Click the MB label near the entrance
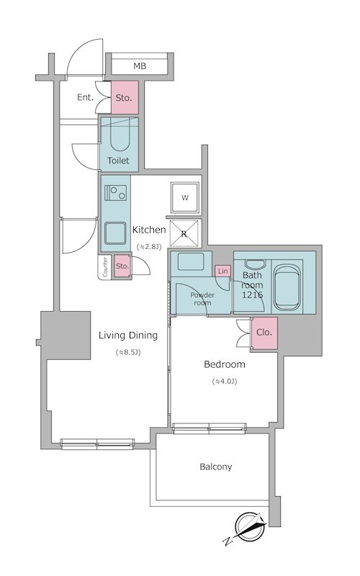(140, 66)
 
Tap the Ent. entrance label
(85, 97)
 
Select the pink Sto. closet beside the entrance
(125, 97)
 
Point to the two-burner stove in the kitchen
(115, 193)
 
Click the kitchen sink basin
(115, 233)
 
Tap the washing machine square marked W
(185, 197)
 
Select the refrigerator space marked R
(185, 233)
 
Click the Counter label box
(105, 267)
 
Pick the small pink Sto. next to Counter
(122, 266)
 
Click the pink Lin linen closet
(223, 271)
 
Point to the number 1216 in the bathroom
(253, 294)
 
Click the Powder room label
(202, 299)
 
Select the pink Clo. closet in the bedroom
(264, 333)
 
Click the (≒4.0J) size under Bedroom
(225, 382)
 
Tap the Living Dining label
(128, 336)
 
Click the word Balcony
(215, 467)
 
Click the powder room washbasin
(191, 262)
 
